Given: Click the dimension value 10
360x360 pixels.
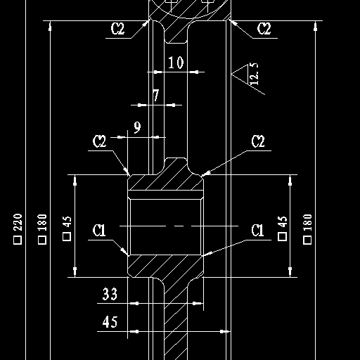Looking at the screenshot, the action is (176, 63).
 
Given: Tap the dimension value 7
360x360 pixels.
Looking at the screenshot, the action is (156, 95).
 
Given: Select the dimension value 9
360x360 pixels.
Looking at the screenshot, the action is (138, 127).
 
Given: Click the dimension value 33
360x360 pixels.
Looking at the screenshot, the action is (110, 294).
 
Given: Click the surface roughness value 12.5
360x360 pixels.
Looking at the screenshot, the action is (255, 74).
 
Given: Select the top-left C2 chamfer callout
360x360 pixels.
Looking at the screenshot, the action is (117, 29).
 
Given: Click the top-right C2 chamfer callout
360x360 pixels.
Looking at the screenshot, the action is (264, 29).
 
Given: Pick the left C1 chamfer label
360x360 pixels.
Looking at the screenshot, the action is (99, 230).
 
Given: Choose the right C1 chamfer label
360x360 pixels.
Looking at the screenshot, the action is (257, 230).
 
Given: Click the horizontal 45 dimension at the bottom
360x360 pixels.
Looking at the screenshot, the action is (110, 322).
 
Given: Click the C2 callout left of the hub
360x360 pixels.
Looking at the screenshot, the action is (99, 141).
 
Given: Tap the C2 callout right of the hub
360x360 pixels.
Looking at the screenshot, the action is (258, 141).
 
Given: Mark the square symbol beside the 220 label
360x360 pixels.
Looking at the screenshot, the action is (18, 240).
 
